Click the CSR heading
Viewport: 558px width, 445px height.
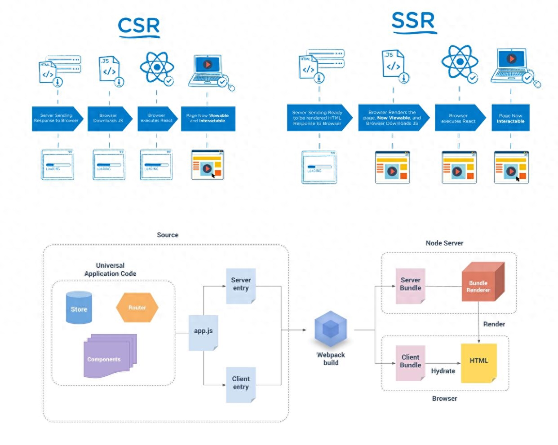point(139,26)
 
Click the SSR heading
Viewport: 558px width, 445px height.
point(413,21)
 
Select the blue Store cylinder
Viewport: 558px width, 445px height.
point(79,308)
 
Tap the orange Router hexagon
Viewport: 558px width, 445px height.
point(137,308)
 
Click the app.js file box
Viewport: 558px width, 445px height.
point(204,332)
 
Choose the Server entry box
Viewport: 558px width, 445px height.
point(241,285)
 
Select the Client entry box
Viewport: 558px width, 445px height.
point(241,384)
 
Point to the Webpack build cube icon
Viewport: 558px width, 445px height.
point(331,329)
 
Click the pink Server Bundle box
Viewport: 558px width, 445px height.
point(411,285)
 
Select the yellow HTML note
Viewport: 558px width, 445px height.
point(479,362)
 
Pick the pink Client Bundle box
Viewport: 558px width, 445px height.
point(411,362)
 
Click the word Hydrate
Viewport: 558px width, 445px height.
point(443,371)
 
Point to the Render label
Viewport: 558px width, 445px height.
point(494,324)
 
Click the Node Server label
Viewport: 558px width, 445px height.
point(444,243)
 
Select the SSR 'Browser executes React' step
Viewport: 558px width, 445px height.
point(460,118)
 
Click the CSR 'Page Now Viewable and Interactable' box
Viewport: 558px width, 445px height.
point(208,119)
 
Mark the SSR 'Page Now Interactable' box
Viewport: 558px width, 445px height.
point(511,118)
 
